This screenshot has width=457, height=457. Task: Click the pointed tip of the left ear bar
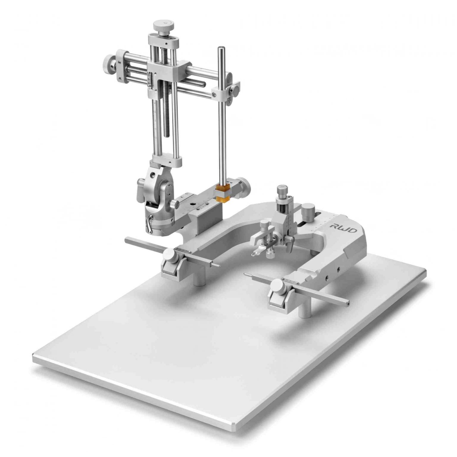218,265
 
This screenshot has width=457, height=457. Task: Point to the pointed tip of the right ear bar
245,274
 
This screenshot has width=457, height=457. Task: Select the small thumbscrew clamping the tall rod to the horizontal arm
235,89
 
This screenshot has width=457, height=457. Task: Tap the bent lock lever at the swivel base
148,223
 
